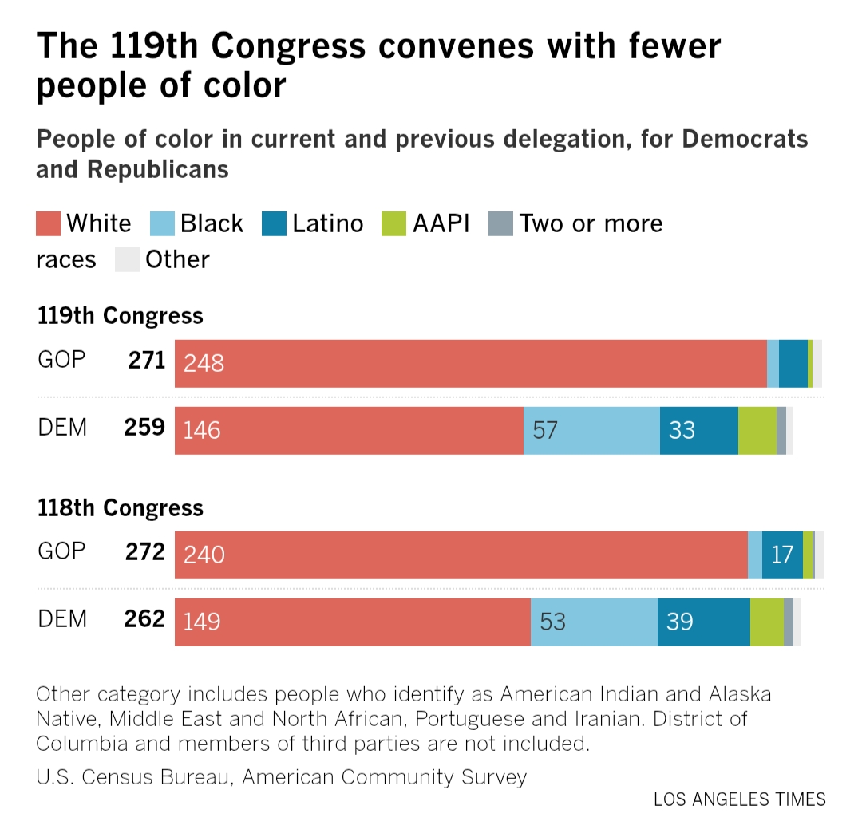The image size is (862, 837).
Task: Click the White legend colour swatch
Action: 49,223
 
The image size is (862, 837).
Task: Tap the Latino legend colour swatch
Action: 274,223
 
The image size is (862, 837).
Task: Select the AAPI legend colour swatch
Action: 395,223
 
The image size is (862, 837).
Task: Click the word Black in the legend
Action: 212,223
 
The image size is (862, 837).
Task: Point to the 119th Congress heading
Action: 120,316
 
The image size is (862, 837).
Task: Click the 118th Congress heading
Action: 120,508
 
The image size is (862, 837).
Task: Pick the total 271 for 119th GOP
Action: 146,361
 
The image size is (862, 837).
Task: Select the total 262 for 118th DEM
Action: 144,618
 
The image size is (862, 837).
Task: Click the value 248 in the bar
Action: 204,364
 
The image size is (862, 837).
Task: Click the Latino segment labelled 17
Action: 782,555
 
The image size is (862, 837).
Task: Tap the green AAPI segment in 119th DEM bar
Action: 757,431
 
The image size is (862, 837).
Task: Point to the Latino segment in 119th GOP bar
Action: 793,364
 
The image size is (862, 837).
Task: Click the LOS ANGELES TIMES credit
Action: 739,799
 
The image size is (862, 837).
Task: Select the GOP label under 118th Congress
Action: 61,551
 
